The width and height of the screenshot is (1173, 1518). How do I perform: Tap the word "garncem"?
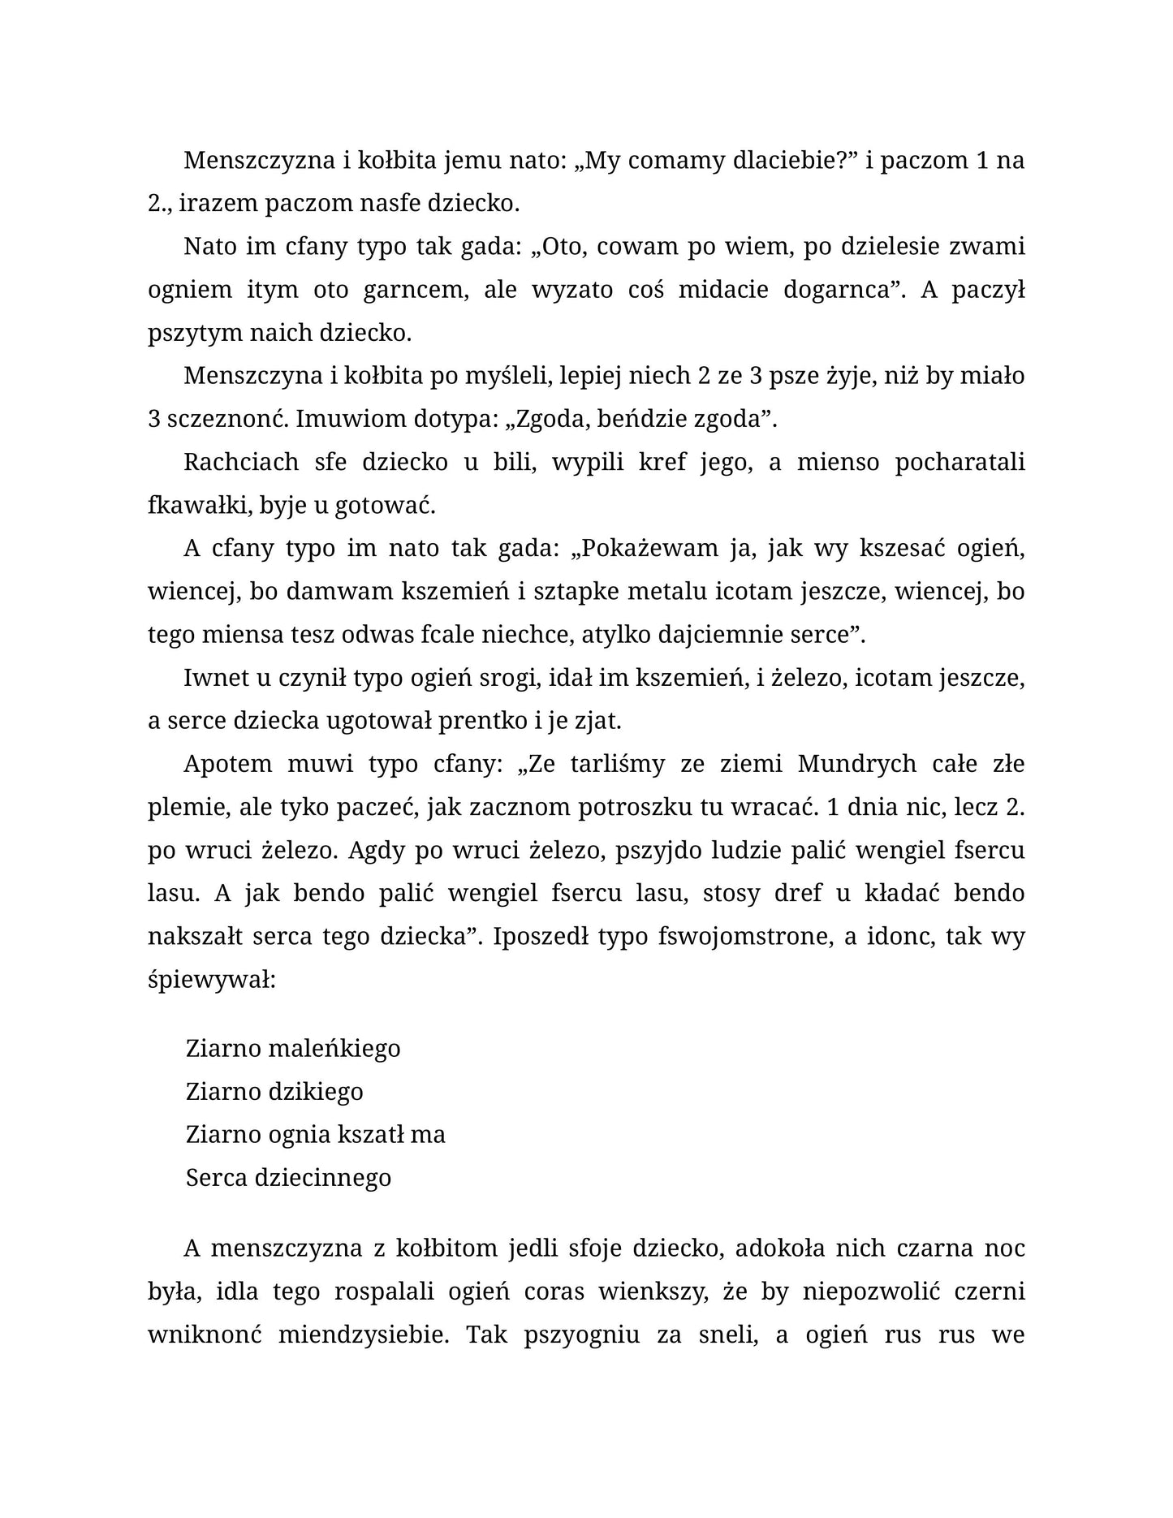(x=416, y=290)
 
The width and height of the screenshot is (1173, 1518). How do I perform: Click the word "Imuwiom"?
(x=351, y=419)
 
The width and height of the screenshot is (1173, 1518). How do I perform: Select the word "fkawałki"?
(x=198, y=505)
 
